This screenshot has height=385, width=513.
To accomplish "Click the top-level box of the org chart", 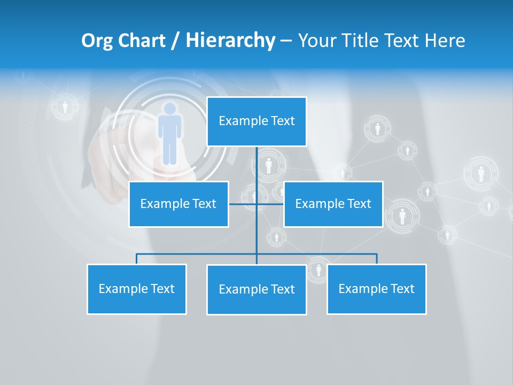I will click(x=256, y=121).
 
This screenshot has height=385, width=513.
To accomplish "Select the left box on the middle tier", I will click(x=178, y=204).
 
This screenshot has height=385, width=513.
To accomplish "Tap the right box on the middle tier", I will click(x=333, y=204).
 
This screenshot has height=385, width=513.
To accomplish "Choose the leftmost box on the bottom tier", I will click(x=136, y=289).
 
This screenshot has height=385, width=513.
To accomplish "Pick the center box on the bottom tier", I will click(x=256, y=289).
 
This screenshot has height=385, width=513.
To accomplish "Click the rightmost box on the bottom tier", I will click(x=376, y=289).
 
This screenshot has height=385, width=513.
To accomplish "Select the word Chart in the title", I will click(x=140, y=41).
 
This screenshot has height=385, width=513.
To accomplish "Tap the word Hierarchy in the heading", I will click(x=230, y=41).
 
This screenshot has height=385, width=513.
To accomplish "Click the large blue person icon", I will click(x=169, y=133).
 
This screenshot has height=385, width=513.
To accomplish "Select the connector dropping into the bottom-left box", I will click(x=136, y=259).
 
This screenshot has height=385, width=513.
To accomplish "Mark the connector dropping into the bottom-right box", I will click(x=377, y=259).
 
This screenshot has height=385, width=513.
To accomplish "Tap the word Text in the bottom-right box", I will click(x=401, y=289).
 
